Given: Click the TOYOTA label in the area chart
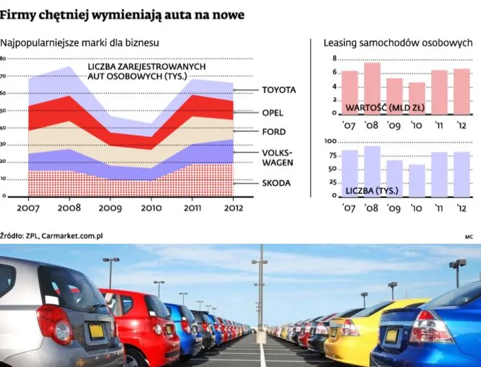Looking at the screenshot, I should [278, 90].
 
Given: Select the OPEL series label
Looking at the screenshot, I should [272, 112].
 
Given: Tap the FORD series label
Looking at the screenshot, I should [273, 131].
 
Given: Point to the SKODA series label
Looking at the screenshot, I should [276, 183].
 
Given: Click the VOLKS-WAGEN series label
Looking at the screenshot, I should [277, 157].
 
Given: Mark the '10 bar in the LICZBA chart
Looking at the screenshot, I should [417, 180].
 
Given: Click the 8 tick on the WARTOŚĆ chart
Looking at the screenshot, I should [334, 59].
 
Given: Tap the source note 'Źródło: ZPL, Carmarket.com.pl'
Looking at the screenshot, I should [51, 236].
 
